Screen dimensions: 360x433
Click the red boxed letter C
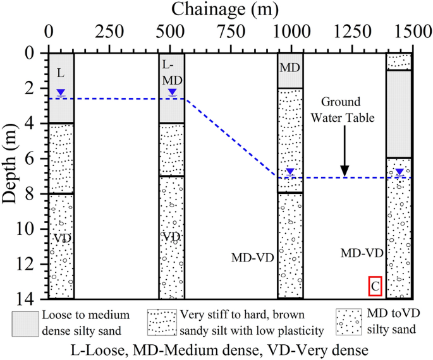[375, 286]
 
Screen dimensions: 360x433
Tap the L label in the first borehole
[60, 73]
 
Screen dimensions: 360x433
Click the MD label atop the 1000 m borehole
[290, 67]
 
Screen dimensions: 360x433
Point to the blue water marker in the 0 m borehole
[61, 93]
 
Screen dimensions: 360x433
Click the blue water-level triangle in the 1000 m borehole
[290, 172]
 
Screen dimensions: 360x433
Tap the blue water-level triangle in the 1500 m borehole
[399, 172]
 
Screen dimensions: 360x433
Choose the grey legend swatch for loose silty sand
[25, 323]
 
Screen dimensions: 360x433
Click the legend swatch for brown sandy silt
[162, 323]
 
